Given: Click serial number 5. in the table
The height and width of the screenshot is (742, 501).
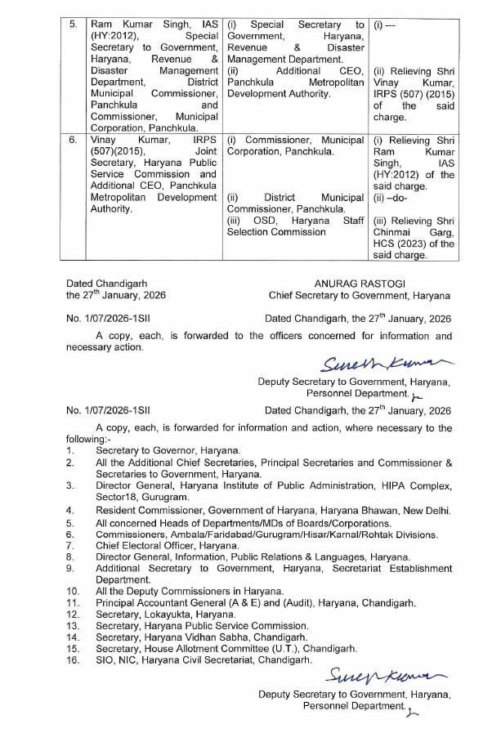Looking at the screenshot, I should pos(74,25).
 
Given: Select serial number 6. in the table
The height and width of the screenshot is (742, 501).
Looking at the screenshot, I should pos(74,140).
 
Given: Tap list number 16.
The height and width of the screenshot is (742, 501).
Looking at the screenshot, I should pos(73,659).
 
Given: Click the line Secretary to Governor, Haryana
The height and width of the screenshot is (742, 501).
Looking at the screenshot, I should pos(168,450).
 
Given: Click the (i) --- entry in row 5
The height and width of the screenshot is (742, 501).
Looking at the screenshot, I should pos(385,25).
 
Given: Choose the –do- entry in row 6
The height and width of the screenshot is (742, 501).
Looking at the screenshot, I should pos(392,197).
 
